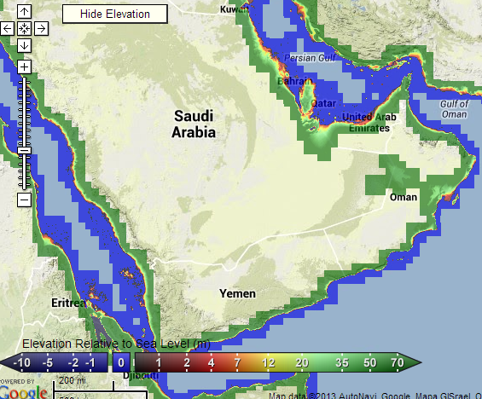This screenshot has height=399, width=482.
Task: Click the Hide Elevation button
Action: tap(115, 14)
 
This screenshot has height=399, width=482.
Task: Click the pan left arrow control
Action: tap(8, 28)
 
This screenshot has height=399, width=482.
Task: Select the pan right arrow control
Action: tap(40, 28)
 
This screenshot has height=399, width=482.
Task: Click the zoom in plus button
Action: tap(24, 66)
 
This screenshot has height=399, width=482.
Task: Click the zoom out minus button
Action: tap(24, 199)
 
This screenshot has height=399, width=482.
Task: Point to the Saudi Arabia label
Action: tap(194, 124)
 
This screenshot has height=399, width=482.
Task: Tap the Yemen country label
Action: tap(238, 293)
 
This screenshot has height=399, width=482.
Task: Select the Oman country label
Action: tap(404, 197)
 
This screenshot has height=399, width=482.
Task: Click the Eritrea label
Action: tap(67, 303)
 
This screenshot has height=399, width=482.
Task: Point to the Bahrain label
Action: tap(290, 81)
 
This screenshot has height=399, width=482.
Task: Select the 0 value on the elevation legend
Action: tap(121, 363)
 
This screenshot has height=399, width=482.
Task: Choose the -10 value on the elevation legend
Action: tap(23, 363)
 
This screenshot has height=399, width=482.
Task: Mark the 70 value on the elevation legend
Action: tap(396, 363)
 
